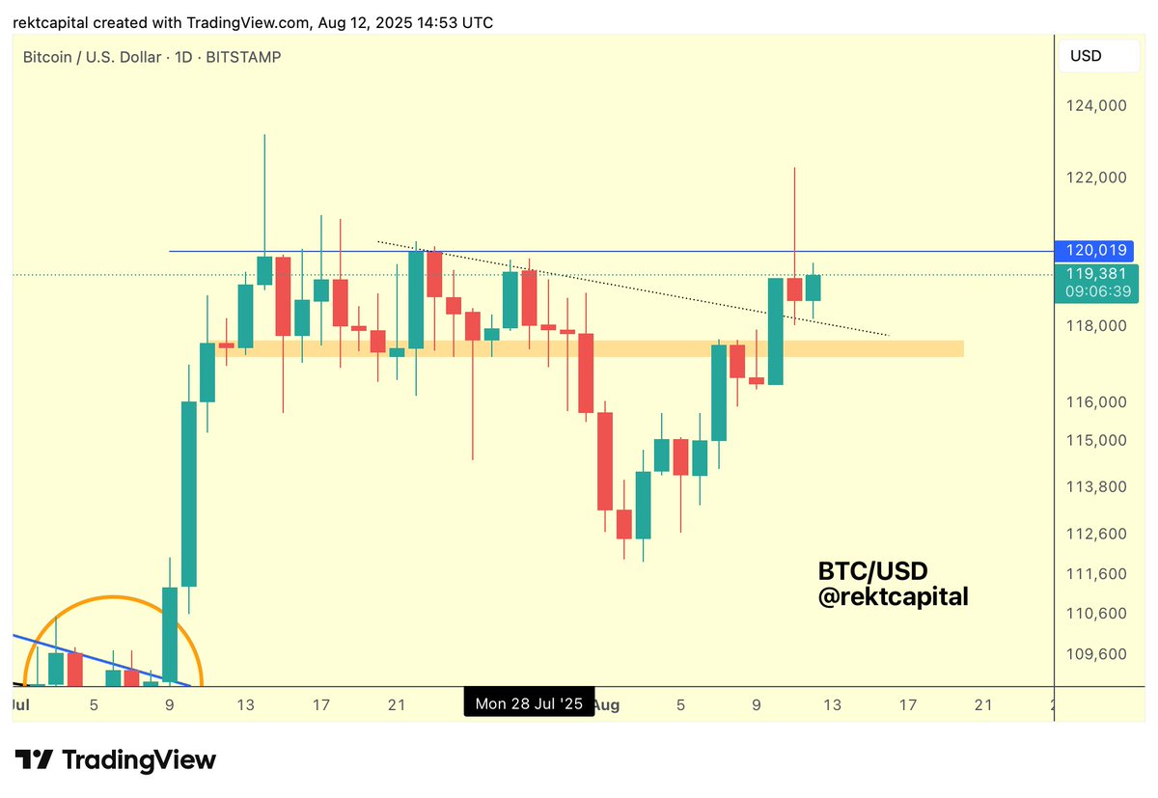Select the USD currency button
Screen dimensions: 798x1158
[1086, 56]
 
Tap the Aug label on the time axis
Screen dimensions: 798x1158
[606, 704]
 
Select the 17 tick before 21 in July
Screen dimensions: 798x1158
[321, 704]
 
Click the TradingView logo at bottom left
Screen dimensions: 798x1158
[115, 759]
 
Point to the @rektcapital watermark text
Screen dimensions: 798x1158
[893, 597]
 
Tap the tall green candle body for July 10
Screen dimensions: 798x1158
[189, 492]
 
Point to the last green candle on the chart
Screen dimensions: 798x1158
[813, 287]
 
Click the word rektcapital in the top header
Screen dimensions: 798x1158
[50, 22]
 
